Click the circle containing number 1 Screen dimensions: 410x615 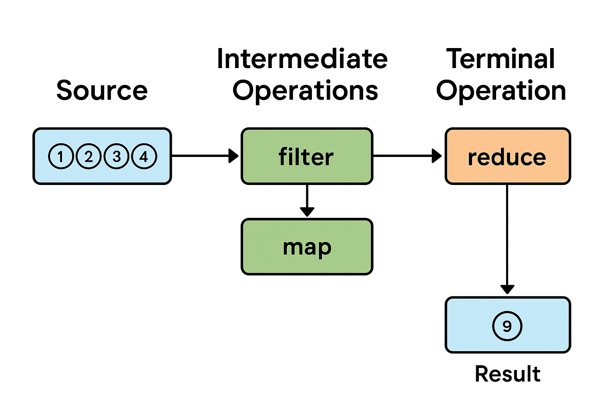pos(60,156)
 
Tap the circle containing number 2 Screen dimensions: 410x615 pos(88,156)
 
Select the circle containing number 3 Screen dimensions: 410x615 pos(117,156)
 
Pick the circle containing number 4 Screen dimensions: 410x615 pos(144,156)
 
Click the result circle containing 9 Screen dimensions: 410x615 pos(507,326)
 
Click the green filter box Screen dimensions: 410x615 pos(307,156)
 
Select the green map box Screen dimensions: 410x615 pos(307,247)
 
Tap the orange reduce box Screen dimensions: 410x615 pos(507,156)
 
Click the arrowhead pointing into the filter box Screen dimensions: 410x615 pos(233,156)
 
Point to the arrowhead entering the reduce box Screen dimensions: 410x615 pos(437,156)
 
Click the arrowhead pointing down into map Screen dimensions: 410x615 pos(307,211)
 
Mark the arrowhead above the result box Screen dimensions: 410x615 pos(507,289)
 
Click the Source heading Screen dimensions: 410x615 pos(102,90)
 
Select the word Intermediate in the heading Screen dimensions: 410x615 pos(302,59)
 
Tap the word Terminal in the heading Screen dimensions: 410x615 pos(500,59)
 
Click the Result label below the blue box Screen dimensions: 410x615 pos(507,374)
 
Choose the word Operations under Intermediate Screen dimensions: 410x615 pos(305,91)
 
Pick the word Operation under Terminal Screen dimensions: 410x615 pos(501,91)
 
